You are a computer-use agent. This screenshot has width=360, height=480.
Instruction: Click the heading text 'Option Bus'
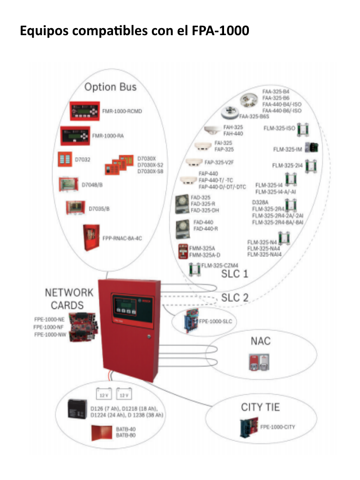click(x=110, y=87)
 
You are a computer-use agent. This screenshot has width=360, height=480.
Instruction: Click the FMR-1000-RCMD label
click(x=122, y=112)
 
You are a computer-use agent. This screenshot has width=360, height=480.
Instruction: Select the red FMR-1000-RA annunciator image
click(x=75, y=135)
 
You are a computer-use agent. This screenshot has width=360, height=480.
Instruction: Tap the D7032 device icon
click(x=64, y=159)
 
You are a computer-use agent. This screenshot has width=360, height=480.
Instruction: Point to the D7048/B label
click(x=93, y=185)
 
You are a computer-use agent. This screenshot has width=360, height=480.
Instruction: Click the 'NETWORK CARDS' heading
click(x=69, y=299)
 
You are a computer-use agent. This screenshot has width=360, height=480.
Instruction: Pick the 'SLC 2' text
click(x=235, y=297)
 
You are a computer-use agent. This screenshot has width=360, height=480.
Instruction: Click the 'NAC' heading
click(x=260, y=341)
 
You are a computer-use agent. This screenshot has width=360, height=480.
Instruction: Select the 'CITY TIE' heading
click(x=260, y=407)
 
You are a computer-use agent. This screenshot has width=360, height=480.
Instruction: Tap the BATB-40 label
click(x=125, y=428)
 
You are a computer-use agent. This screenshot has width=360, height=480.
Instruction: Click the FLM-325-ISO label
click(x=279, y=127)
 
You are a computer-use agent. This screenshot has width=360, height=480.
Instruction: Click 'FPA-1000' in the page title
click(x=220, y=31)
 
